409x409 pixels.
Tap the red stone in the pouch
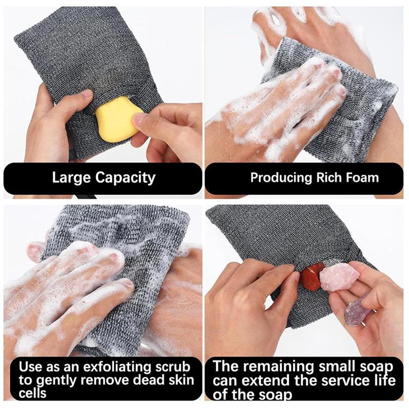(310, 276)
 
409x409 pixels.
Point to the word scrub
(172, 367)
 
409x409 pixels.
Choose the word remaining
(286, 367)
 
